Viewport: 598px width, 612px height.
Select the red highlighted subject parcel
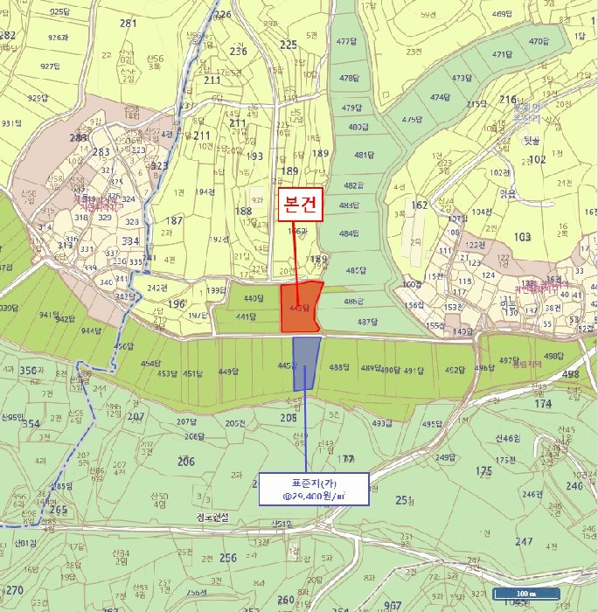tap(301, 308)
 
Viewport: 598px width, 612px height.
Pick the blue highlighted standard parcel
tap(305, 361)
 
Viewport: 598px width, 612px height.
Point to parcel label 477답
tap(347, 41)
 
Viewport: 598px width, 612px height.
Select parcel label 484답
tap(349, 233)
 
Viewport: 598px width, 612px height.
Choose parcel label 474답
tap(439, 97)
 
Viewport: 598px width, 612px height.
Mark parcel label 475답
tap(411, 119)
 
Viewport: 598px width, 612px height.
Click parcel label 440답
tap(254, 299)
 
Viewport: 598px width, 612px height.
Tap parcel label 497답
tap(510, 360)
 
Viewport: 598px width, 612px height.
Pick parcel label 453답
tap(167, 373)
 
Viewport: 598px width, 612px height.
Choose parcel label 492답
tap(455, 370)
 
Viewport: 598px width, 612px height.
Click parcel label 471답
tap(501, 54)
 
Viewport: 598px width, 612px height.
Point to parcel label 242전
tap(157, 288)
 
